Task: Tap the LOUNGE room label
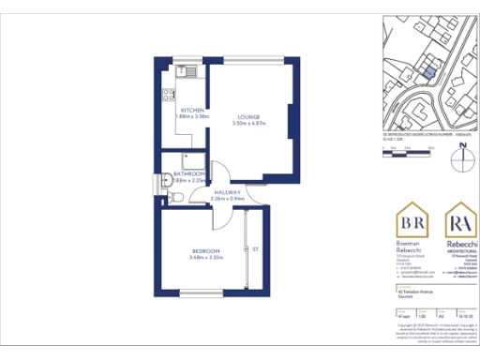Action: pyautogui.click(x=247, y=116)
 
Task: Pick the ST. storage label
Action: pyautogui.click(x=255, y=248)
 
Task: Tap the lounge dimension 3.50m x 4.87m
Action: pyautogui.click(x=247, y=123)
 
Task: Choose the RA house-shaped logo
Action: pyautogui.click(x=459, y=223)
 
